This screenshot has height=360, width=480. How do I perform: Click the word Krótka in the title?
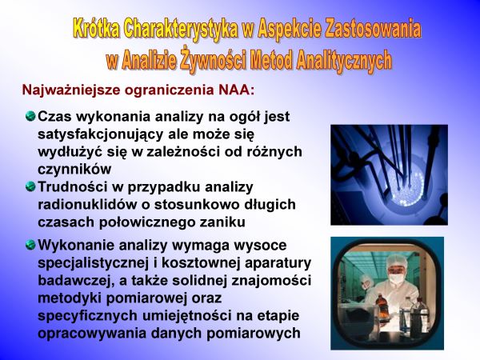pos(96,29)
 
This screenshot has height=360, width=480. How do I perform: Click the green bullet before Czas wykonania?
pos(30,116)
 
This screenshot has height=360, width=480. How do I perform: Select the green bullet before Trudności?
pos(30,186)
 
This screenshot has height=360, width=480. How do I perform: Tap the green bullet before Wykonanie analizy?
pos(30,245)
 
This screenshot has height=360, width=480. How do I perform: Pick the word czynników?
pos(74,170)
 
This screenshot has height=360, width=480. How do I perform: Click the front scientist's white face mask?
pos(396,278)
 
